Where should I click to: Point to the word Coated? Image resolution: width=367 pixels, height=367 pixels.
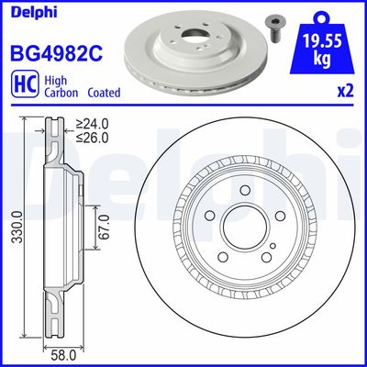pyautogui.click(x=105, y=92)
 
